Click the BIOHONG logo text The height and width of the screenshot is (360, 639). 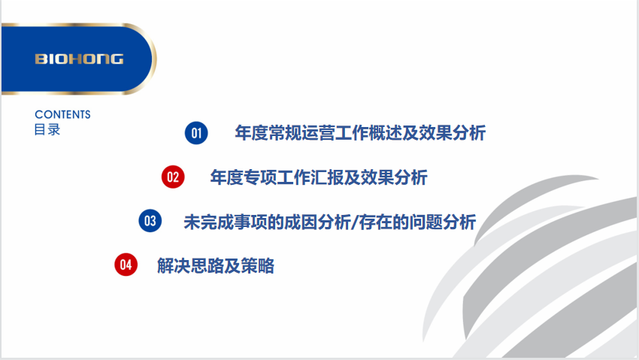79,59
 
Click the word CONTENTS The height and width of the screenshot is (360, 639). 62,115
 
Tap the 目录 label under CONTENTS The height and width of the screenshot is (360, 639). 47,129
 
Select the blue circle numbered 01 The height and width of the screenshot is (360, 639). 196,134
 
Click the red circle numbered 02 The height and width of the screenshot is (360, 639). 173,177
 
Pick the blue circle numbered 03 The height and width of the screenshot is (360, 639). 150,221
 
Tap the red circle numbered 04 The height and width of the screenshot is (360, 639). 126,265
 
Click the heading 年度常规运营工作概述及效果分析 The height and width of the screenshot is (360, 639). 360,134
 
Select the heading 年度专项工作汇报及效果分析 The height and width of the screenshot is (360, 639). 319,177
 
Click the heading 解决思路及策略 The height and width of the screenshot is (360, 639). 216,265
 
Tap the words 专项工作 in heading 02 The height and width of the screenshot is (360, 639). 272,177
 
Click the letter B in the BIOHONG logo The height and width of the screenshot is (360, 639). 39,59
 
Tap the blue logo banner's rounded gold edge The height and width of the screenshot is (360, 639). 150,59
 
